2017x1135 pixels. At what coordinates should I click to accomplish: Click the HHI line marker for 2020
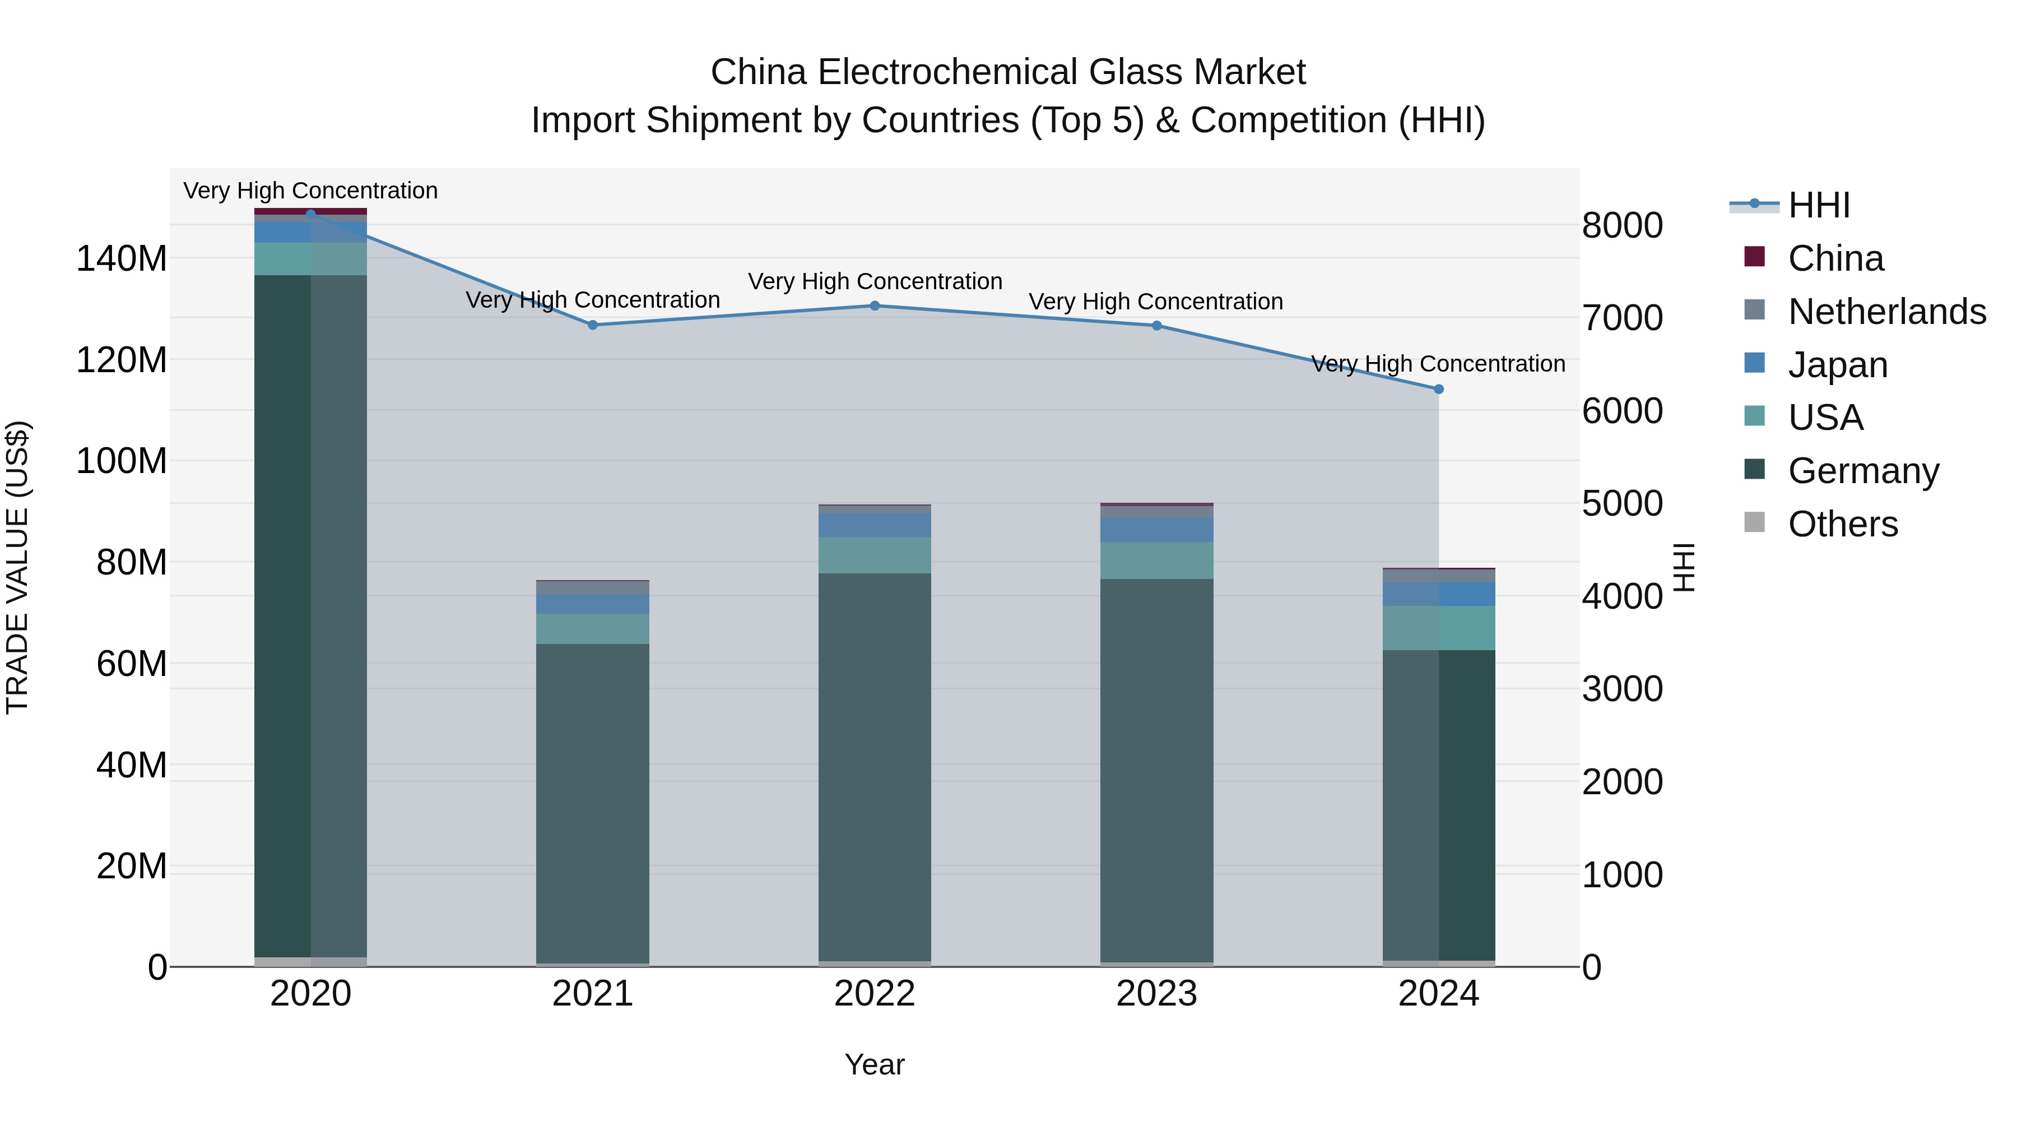click(x=311, y=214)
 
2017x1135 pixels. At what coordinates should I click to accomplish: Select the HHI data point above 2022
click(x=875, y=305)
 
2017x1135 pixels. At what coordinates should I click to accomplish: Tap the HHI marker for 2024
click(x=1438, y=390)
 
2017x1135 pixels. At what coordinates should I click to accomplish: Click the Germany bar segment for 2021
click(x=593, y=803)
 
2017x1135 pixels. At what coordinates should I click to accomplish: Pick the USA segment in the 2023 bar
click(x=1156, y=560)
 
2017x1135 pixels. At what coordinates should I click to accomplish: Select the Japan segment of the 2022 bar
click(x=875, y=525)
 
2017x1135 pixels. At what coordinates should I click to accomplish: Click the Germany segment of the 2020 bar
click(x=311, y=615)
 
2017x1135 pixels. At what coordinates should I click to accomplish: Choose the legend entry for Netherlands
click(x=1886, y=312)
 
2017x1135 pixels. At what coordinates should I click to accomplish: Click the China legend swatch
click(x=1755, y=257)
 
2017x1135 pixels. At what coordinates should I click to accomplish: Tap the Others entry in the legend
click(x=1842, y=524)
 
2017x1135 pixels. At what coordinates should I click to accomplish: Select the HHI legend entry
click(x=1818, y=205)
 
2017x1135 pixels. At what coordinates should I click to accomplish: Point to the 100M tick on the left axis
click(x=122, y=461)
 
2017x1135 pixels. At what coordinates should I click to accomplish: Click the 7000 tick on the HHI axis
click(x=1621, y=318)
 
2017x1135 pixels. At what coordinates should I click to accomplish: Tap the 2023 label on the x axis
click(x=1156, y=994)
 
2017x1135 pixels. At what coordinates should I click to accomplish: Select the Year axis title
click(x=875, y=1064)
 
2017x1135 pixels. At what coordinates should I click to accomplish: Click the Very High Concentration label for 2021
click(x=593, y=300)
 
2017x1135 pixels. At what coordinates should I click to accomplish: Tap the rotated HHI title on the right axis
click(x=1684, y=567)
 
